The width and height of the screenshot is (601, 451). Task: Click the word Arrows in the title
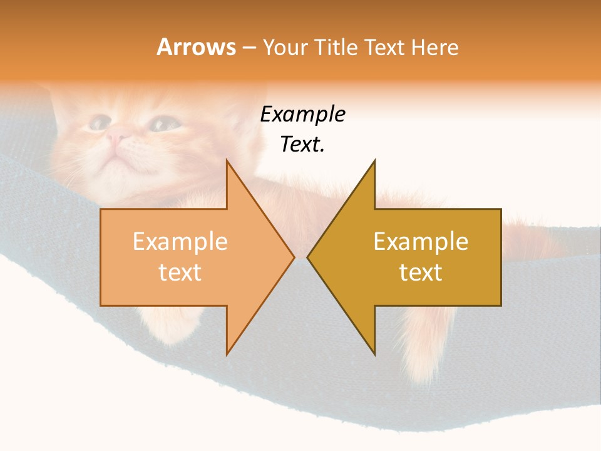pyautogui.click(x=196, y=48)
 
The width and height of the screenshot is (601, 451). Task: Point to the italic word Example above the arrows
pyautogui.click(x=302, y=115)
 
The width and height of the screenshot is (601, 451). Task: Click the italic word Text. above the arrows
pyautogui.click(x=302, y=145)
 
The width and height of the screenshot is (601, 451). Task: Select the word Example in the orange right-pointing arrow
pyautogui.click(x=180, y=242)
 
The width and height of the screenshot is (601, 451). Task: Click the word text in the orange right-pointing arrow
pyautogui.click(x=180, y=272)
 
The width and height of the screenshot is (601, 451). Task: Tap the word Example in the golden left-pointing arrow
pyautogui.click(x=421, y=242)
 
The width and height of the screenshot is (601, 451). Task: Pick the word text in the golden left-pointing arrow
pyautogui.click(x=421, y=272)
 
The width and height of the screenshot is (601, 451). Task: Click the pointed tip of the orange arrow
pyautogui.click(x=294, y=257)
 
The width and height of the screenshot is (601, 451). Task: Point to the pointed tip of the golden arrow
pyautogui.click(x=307, y=257)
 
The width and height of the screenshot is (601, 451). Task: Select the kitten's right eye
pyautogui.click(x=162, y=123)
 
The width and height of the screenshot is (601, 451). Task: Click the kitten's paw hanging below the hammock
pyautogui.click(x=426, y=363)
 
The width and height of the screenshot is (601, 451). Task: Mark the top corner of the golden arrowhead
pyautogui.click(x=375, y=160)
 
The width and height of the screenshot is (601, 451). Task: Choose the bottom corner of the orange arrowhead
pyautogui.click(x=227, y=355)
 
